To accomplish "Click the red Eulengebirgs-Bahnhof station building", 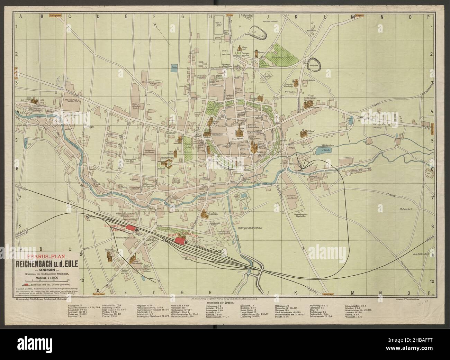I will (x=131, y=228).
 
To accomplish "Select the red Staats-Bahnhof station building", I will (x=180, y=241).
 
